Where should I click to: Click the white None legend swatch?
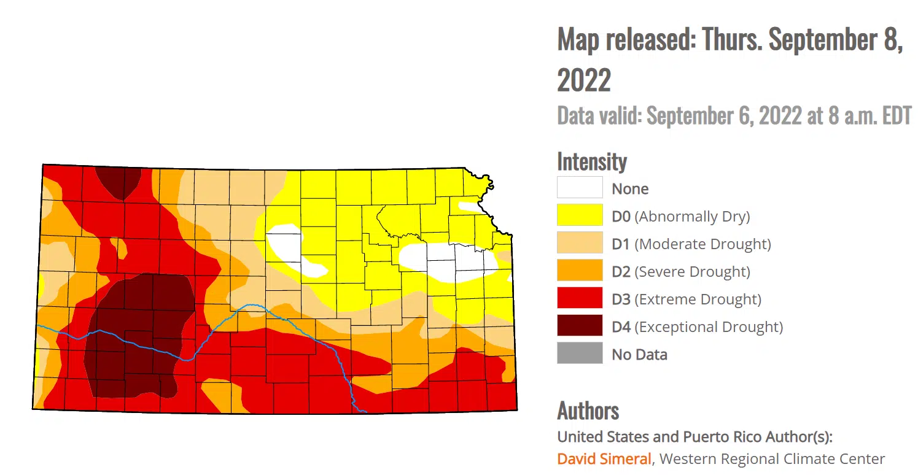[579, 188]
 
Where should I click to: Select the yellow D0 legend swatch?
[579, 215]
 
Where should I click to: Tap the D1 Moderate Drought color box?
[579, 243]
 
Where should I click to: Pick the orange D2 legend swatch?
[579, 271]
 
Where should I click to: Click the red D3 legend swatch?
[579, 298]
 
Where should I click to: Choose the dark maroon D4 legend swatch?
[579, 326]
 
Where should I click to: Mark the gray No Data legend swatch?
[579, 353]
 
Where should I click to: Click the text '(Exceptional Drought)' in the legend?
[709, 327]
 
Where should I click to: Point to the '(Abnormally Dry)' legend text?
[692, 217]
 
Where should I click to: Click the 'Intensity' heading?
[591, 161]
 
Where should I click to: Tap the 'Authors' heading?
[588, 411]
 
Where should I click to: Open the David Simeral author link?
[604, 458]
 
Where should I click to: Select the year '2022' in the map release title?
[583, 80]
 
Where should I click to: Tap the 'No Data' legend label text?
[639, 355]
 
